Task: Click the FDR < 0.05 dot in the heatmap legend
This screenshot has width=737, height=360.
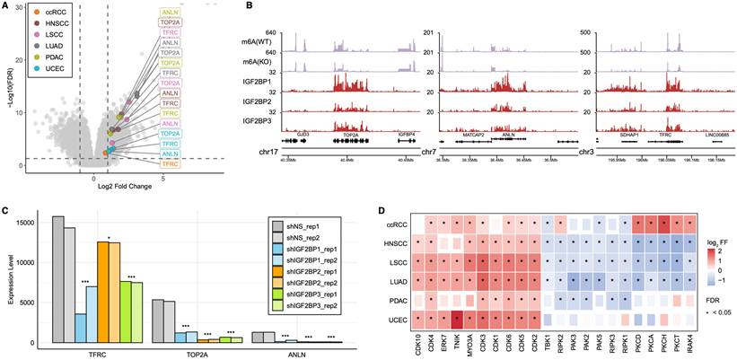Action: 709,312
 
